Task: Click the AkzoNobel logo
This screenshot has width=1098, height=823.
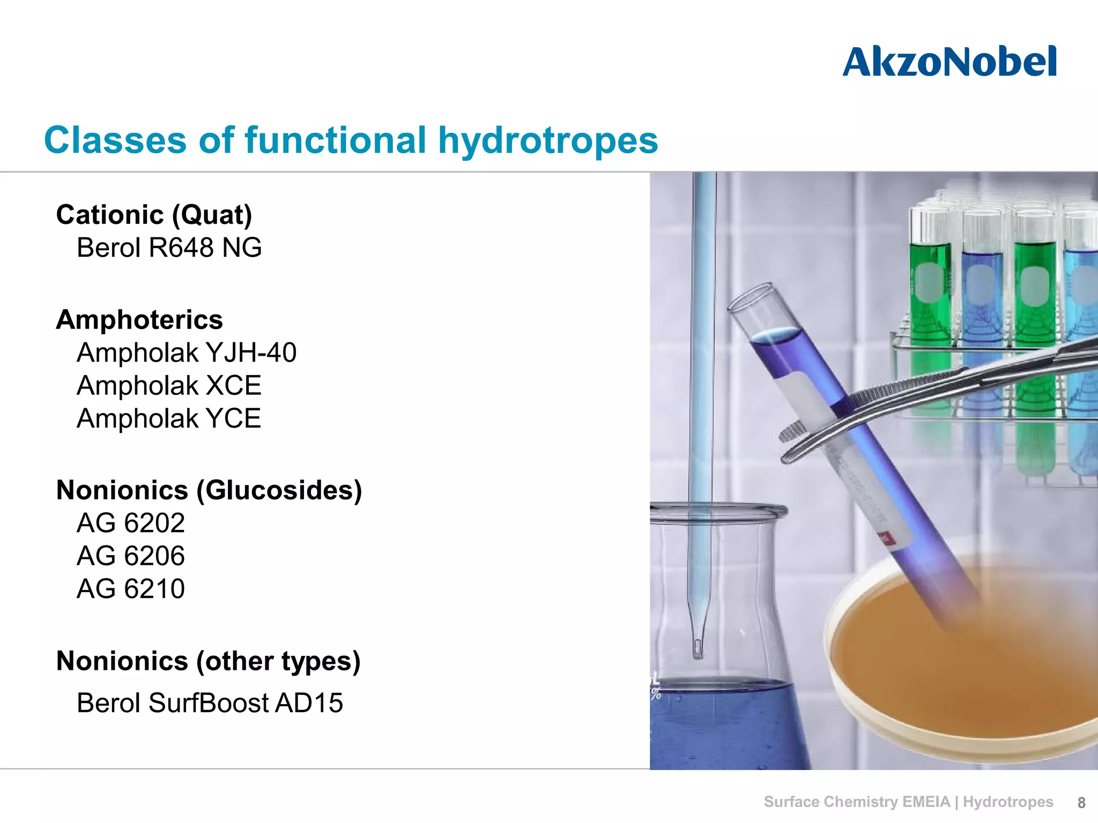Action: point(949,62)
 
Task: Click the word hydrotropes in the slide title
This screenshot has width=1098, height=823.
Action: point(548,140)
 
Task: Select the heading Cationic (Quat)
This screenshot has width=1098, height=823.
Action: point(154,215)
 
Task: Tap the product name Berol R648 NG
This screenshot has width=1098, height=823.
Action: point(169,248)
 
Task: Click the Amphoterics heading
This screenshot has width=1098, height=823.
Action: point(139,320)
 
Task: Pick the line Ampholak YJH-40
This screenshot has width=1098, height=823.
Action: point(186,353)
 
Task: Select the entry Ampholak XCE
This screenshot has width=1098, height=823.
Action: point(169,386)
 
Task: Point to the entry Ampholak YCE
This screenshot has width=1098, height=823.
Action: point(169,418)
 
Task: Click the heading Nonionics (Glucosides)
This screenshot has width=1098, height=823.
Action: point(209,490)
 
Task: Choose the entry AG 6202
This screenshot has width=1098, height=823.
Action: point(131,523)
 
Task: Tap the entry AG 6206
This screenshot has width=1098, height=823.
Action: point(131,556)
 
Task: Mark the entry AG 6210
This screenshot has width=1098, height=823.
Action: point(131,589)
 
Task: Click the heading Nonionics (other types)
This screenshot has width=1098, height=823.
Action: point(208,661)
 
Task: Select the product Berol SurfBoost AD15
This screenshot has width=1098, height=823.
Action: point(210,703)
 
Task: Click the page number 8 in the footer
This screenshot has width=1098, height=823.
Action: point(1081,803)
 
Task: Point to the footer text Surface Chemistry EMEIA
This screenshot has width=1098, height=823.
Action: point(856,802)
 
